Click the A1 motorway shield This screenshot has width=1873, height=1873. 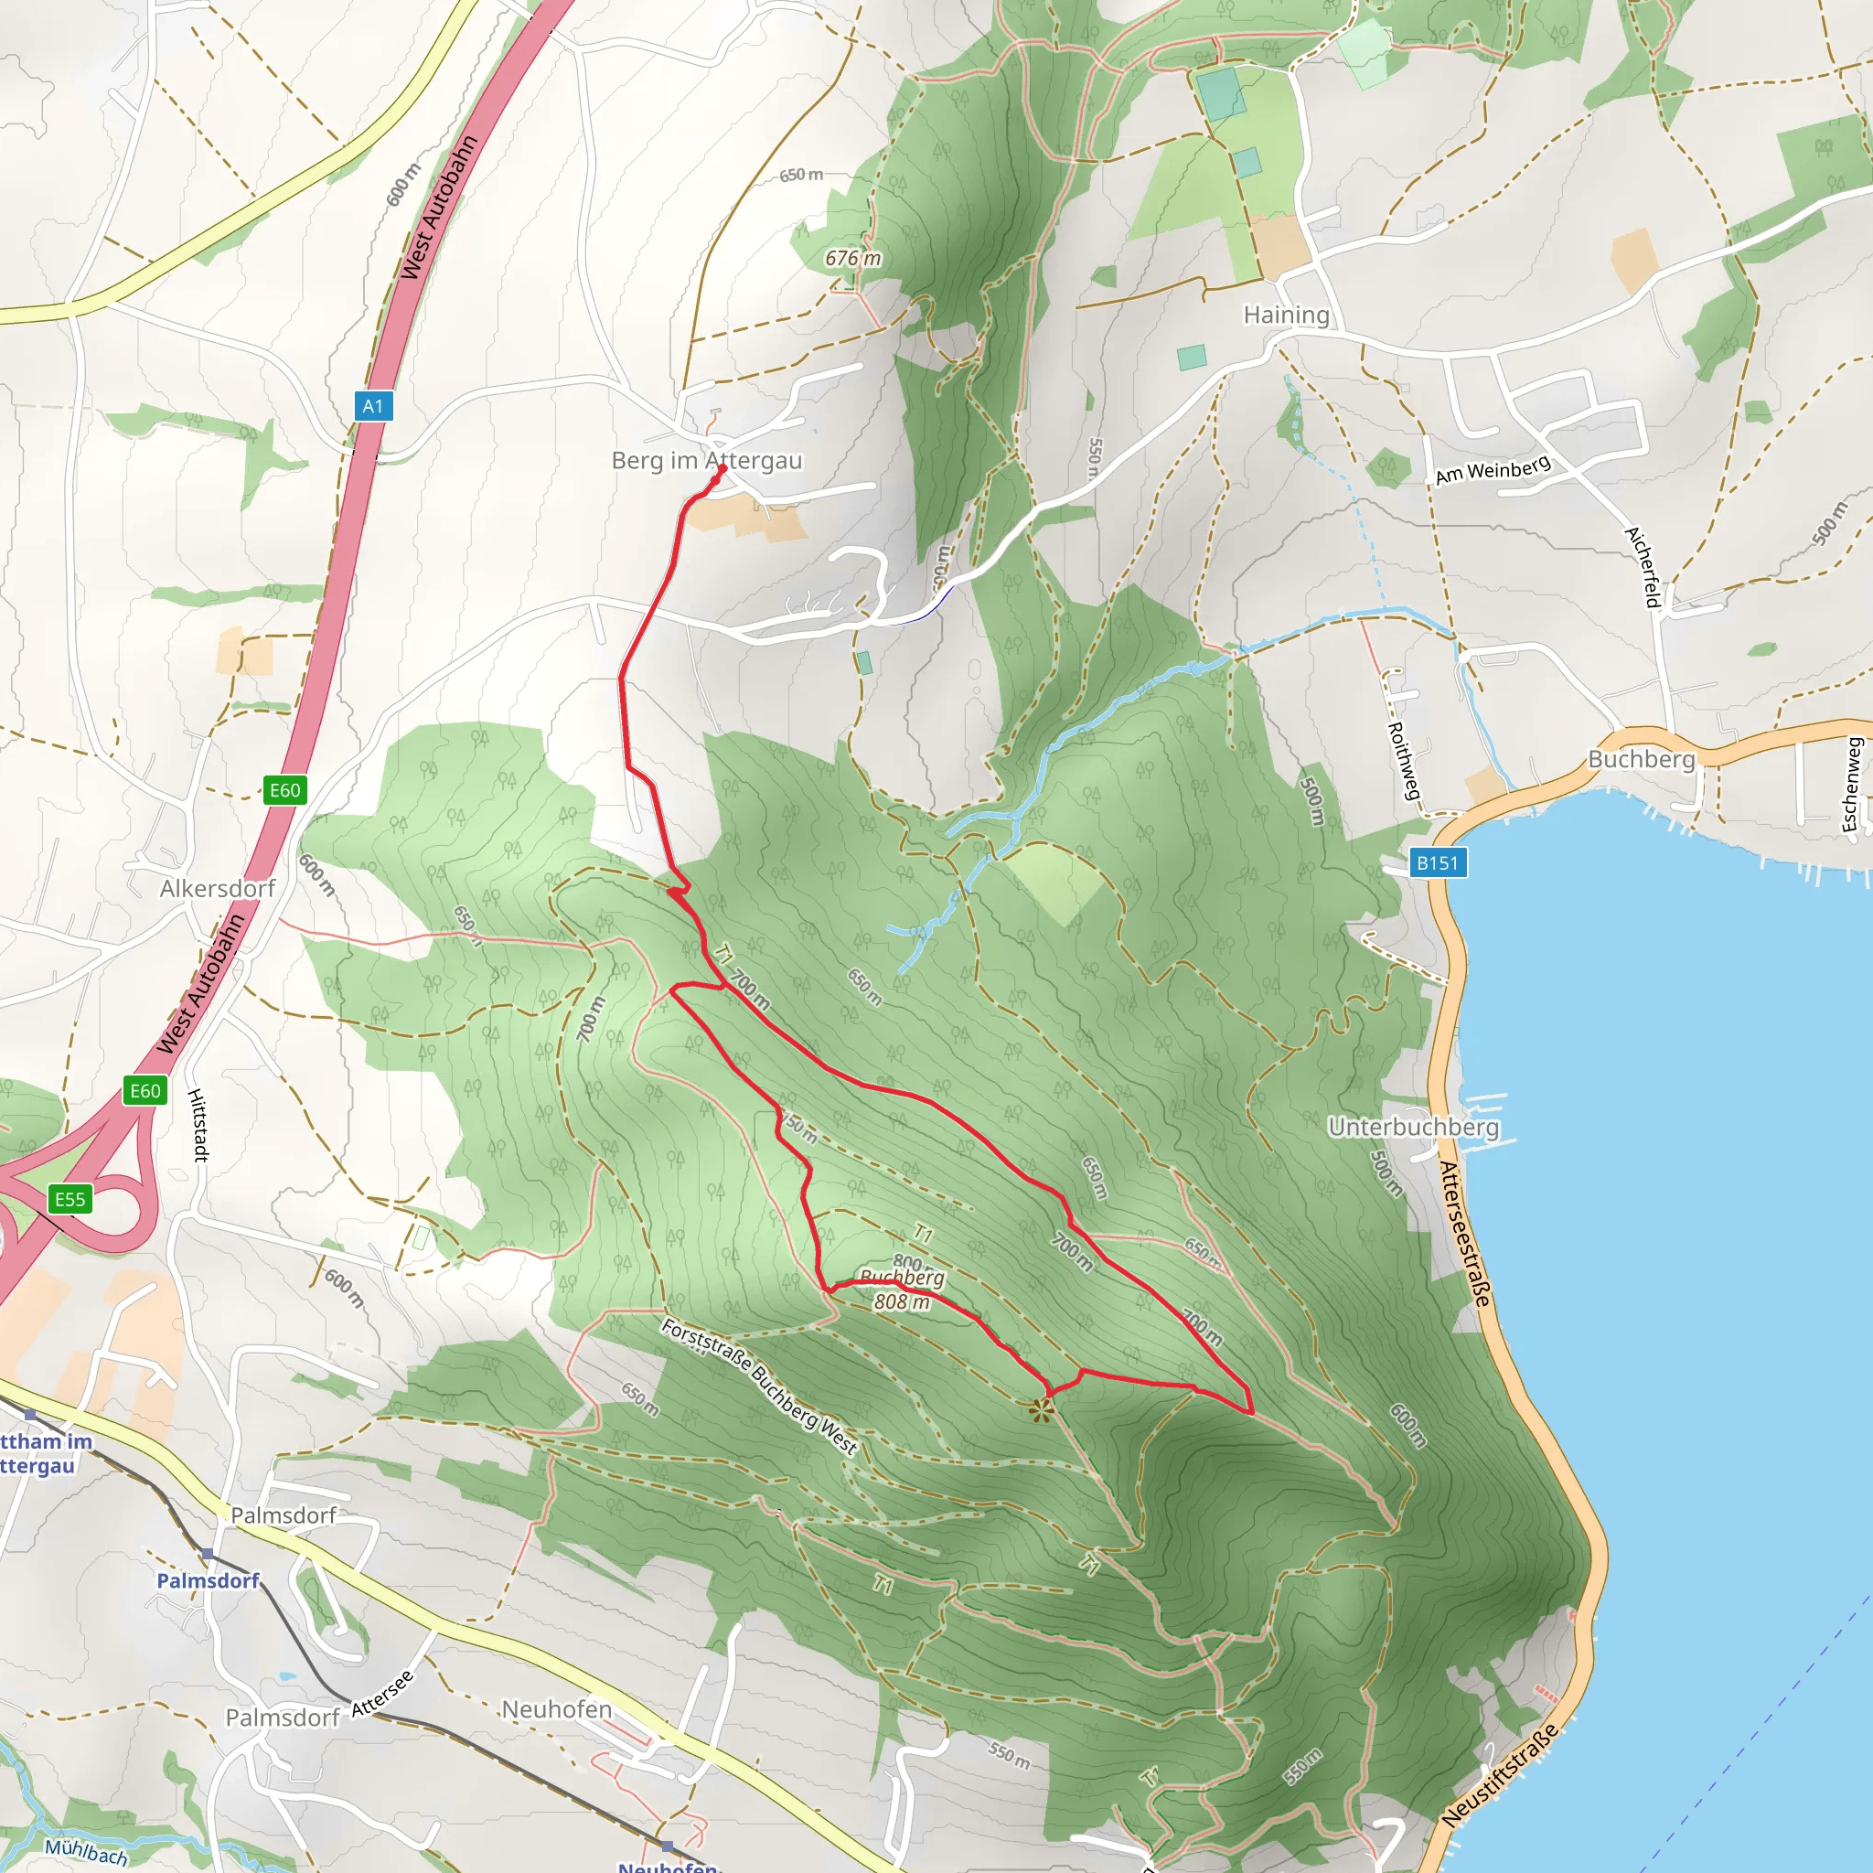[x=373, y=406]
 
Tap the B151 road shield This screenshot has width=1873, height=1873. [x=1437, y=862]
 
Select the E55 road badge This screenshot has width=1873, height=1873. [x=70, y=1199]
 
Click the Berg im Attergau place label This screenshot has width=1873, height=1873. [x=707, y=461]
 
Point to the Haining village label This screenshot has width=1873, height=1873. [x=1287, y=316]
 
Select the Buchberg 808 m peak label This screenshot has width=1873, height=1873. [x=902, y=1290]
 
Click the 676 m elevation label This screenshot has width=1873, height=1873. [x=853, y=258]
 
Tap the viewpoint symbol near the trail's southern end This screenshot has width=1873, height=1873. [x=1041, y=1409]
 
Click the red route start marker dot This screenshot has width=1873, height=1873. [x=722, y=468]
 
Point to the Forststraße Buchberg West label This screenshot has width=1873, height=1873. [x=759, y=1386]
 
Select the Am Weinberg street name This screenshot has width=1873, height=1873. [x=1493, y=469]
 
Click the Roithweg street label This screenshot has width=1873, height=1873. [x=1403, y=761]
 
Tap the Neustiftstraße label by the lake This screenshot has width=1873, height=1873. [x=1500, y=1775]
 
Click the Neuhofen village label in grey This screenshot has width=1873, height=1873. [x=556, y=1709]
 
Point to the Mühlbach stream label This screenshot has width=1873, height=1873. [x=85, y=1851]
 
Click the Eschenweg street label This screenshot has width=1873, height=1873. [x=1851, y=785]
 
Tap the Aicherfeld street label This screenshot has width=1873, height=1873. [x=1643, y=567]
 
